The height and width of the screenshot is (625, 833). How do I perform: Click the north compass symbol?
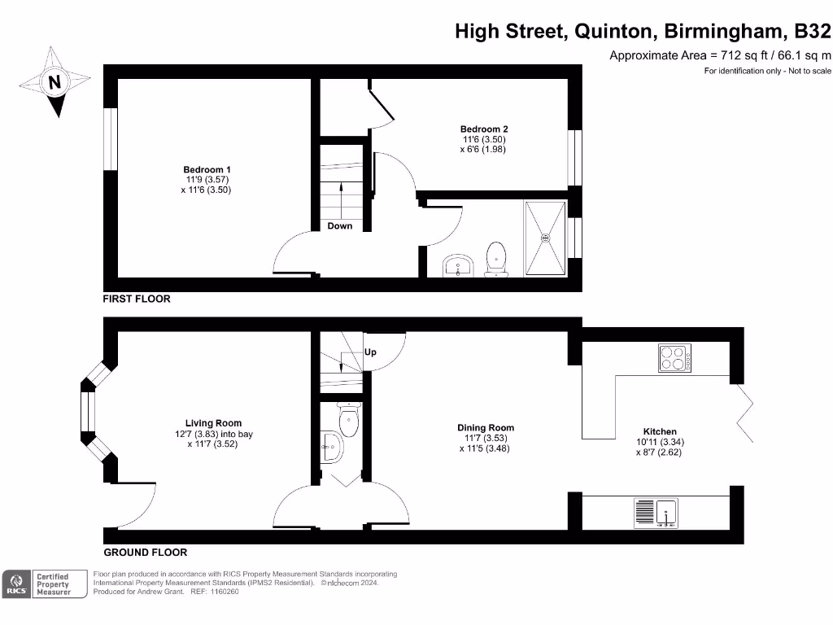click(54, 81)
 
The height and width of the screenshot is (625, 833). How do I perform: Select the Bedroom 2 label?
click(484, 129)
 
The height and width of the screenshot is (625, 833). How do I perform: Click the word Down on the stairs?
click(340, 225)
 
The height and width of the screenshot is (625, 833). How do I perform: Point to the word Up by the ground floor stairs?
click(370, 352)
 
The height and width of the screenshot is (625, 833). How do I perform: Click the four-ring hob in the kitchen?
click(674, 358)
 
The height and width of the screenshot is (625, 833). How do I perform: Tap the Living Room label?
click(214, 423)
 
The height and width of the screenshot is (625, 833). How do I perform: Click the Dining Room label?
click(485, 427)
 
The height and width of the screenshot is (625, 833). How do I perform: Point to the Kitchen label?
click(660, 431)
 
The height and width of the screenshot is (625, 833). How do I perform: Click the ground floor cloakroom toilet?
click(349, 422)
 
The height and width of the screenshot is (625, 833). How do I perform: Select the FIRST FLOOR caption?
click(137, 299)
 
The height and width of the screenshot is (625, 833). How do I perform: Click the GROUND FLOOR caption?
click(146, 552)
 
